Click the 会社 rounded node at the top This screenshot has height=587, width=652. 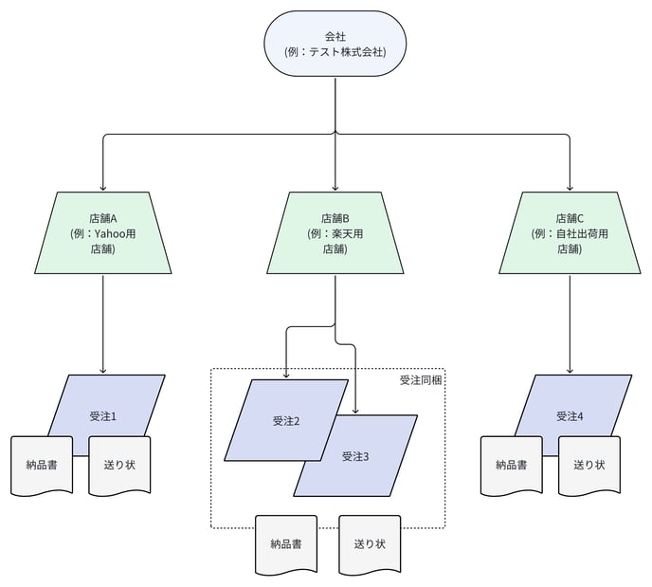tap(335, 44)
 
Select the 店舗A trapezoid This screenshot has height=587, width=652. tap(102, 232)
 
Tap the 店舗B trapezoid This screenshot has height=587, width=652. tap(335, 232)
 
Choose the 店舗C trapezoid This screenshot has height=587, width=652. tap(570, 232)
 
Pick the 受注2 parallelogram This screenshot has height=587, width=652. tap(286, 420)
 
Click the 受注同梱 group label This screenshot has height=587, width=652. tap(421, 380)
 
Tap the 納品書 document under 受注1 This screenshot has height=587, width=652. tap(42, 465)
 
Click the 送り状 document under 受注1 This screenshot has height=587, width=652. tap(119, 465)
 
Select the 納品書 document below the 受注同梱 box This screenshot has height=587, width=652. tap(286, 544)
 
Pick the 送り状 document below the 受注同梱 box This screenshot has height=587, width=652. tap(371, 544)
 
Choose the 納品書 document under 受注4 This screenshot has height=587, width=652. tap(512, 465)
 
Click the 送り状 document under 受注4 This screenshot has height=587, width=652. tap(589, 465)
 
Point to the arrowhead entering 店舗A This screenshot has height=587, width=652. tap(103, 188)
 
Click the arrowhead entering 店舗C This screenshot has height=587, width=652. tap(570, 188)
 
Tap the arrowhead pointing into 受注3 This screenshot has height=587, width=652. tap(355, 411)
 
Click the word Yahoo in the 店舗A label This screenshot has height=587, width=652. tap(110, 234)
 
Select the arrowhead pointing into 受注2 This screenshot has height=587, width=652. tap(285, 376)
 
